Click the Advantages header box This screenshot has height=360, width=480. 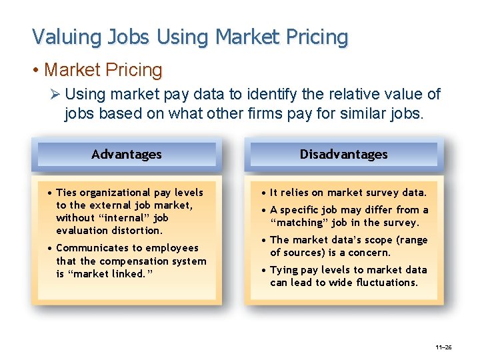tap(127, 154)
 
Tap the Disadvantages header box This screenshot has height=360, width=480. tap(343, 154)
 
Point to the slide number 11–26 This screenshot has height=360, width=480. tap(443, 347)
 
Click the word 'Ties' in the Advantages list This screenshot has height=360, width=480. tap(67, 193)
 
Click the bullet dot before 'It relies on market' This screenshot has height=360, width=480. tap(265, 193)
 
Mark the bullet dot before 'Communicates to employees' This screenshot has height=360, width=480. tap(51, 248)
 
